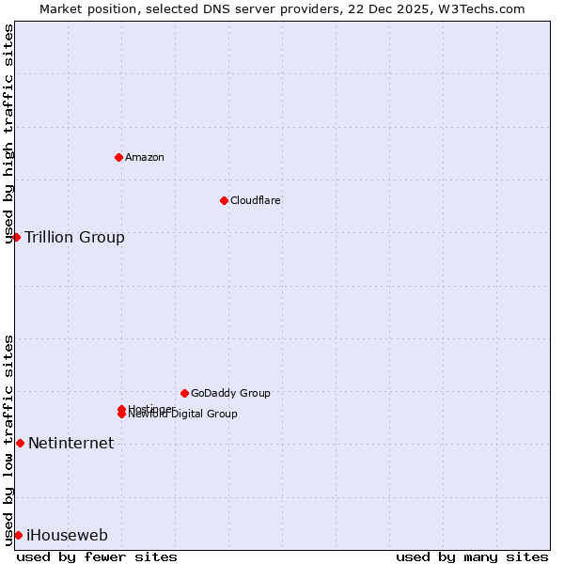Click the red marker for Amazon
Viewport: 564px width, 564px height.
[118, 157]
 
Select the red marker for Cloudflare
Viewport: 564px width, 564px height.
[224, 200]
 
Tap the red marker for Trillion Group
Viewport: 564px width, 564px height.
[16, 237]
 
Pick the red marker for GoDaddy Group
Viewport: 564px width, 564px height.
[184, 393]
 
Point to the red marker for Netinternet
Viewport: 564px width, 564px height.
[20, 443]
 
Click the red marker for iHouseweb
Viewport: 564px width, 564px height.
[18, 535]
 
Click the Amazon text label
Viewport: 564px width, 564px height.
[144, 157]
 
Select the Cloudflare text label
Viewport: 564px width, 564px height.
[255, 200]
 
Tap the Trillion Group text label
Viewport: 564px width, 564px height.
[74, 237]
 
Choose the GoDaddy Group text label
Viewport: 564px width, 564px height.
[230, 393]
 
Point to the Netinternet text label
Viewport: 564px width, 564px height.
[70, 443]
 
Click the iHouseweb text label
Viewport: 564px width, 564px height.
[67, 535]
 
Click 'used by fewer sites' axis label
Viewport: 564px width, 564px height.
[97, 556]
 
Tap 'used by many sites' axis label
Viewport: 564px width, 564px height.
[472, 556]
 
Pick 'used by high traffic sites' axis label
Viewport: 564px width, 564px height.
[8, 133]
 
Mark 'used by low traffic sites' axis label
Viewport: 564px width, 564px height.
[8, 440]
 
